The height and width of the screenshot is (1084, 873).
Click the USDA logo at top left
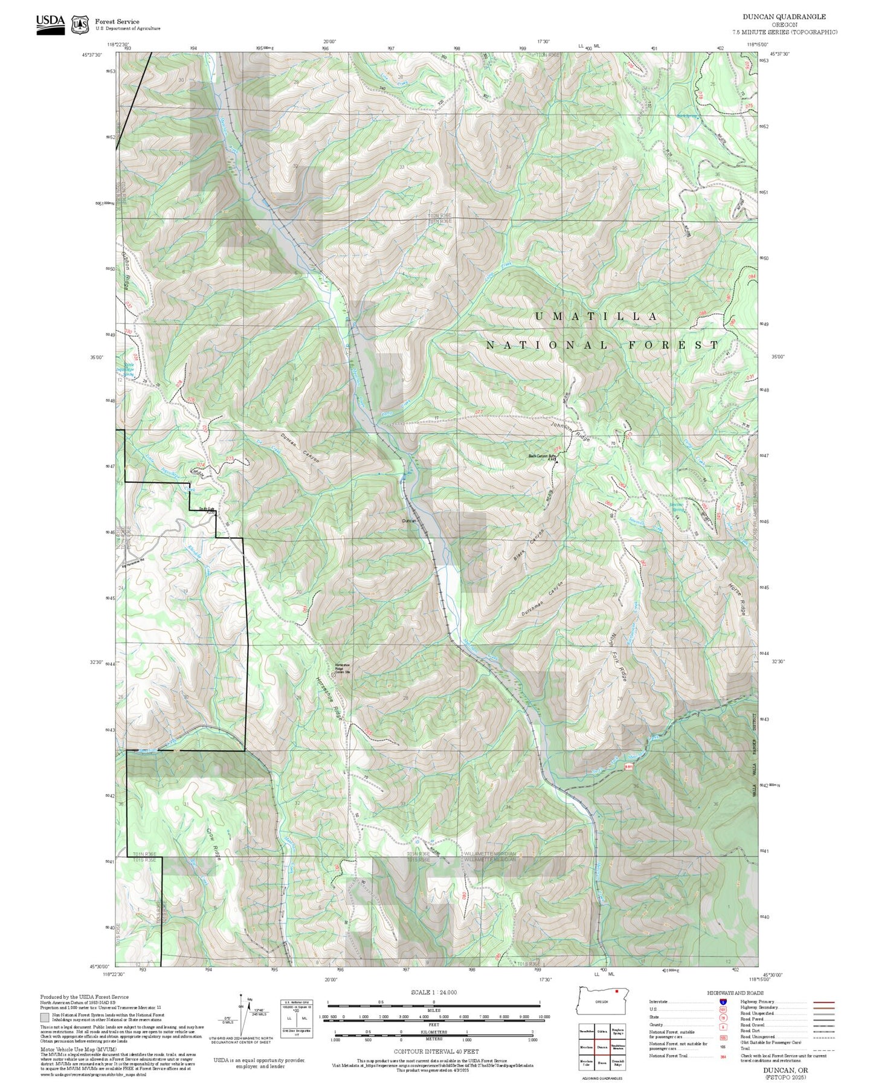point(50,24)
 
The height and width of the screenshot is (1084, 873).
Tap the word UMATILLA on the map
point(596,316)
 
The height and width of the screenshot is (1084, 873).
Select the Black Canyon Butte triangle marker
point(556,461)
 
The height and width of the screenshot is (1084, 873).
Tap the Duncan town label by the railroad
point(409,520)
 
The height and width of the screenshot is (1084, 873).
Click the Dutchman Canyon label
point(543,599)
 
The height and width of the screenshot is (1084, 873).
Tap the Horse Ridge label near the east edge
point(738,598)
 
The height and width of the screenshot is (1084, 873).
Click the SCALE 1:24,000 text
point(433,992)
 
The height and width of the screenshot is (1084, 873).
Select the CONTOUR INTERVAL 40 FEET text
point(433,1051)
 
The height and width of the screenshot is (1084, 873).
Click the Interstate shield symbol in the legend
point(723,1002)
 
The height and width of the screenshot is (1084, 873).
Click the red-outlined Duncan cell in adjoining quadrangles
point(602,1047)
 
